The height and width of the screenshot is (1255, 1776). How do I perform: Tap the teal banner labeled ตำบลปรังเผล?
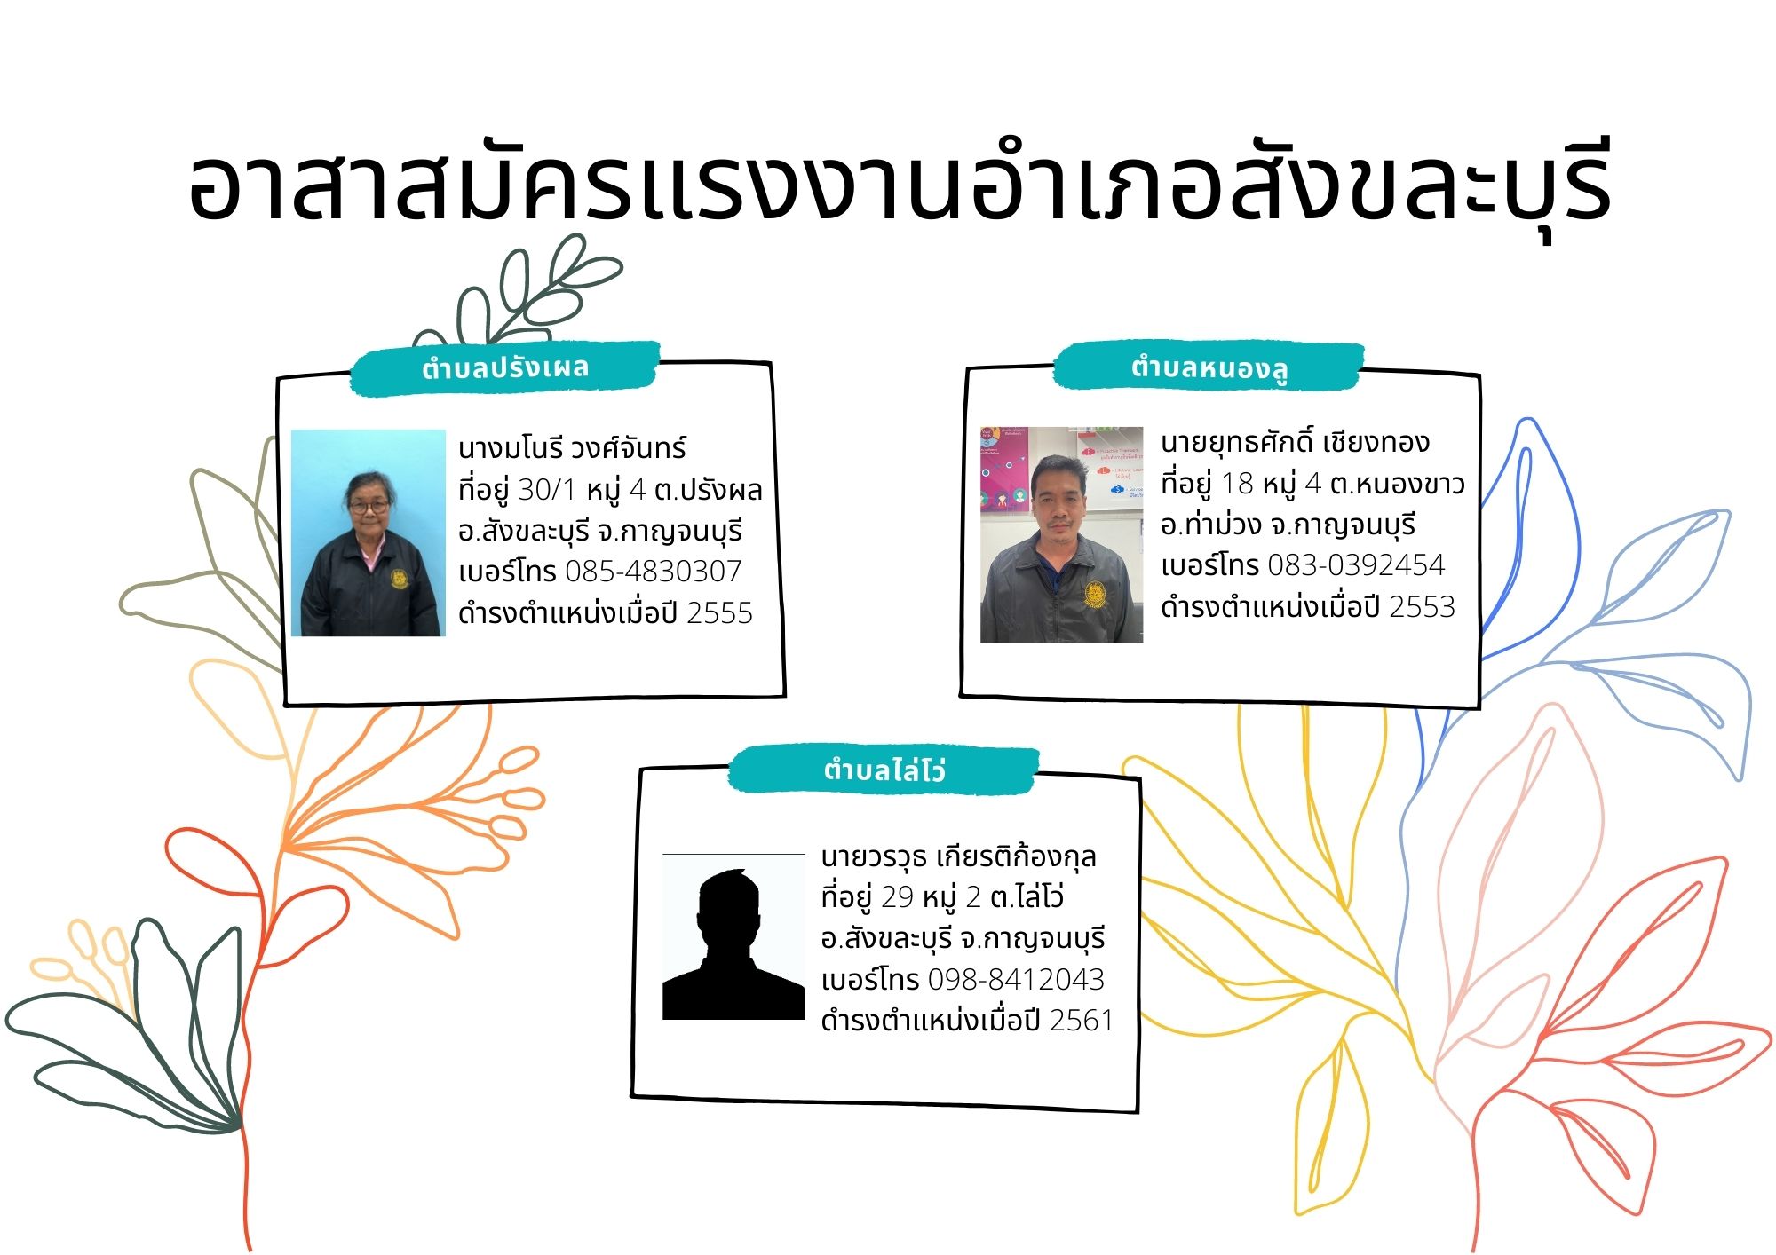504,367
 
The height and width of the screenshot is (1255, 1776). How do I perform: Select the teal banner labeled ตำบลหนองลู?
1209,367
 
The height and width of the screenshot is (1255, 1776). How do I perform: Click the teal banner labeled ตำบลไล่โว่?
884,770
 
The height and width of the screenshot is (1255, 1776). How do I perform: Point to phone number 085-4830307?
653,572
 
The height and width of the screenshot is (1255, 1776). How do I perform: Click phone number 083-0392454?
1356,565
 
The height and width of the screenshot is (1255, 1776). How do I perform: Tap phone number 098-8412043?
1016,980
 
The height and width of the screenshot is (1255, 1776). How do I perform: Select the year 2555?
719,613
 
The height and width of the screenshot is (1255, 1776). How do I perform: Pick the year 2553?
1422,607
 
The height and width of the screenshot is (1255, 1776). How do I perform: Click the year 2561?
1081,1021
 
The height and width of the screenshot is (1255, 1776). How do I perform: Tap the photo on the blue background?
368,533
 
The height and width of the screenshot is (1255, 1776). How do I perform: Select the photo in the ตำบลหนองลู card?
1061,534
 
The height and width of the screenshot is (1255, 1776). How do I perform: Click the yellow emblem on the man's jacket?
1096,593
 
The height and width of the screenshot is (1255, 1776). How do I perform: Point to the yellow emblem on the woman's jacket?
400,579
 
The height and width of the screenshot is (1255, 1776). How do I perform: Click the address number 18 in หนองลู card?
1237,484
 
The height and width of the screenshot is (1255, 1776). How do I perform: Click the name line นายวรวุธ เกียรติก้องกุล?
959,857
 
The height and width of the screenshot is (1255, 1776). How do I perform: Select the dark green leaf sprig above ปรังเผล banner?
524,293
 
